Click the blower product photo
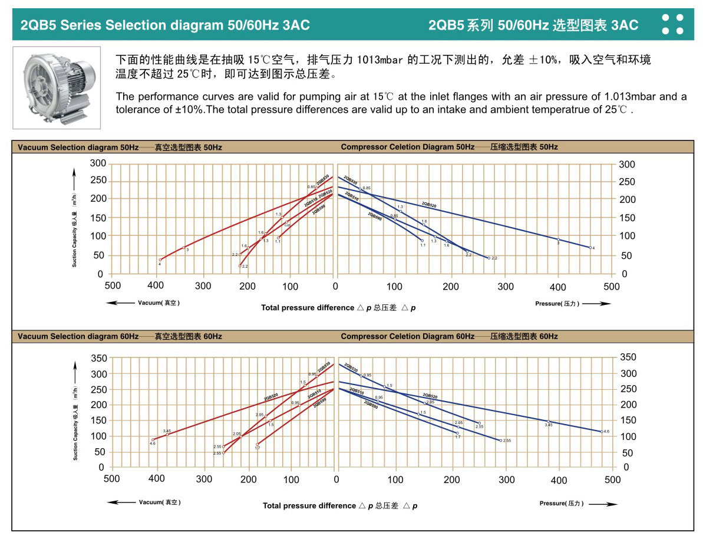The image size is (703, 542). click(x=57, y=87)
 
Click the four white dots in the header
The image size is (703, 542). click(x=672, y=24)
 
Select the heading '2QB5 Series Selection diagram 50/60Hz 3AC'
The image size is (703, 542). click(x=165, y=25)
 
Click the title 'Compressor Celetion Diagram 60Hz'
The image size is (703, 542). click(x=407, y=336)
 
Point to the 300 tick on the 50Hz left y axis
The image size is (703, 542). click(x=98, y=163)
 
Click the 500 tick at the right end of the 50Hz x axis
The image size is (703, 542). click(x=612, y=287)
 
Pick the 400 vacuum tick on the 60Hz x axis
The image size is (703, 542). click(x=157, y=479)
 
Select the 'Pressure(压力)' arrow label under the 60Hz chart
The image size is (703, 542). click(x=577, y=504)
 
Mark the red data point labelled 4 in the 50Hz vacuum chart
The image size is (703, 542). click(x=160, y=259)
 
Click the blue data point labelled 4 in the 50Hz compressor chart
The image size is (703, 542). click(x=590, y=248)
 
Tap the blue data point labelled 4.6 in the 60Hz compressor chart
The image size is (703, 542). click(x=602, y=432)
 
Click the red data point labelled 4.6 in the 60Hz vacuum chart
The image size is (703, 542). click(x=153, y=439)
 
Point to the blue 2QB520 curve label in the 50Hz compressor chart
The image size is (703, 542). click(x=429, y=205)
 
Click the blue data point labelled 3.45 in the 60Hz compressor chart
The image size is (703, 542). click(x=548, y=421)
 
